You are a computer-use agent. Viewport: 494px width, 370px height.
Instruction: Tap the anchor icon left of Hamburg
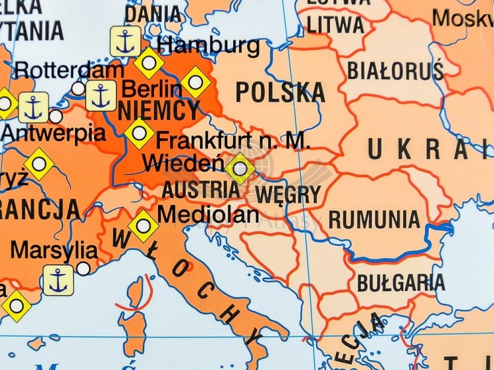124,41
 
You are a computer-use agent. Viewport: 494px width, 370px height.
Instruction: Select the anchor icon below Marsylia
59,280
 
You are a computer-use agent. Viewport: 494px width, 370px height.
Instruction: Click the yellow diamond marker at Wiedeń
240,169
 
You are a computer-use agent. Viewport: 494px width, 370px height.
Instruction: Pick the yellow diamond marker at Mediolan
143,226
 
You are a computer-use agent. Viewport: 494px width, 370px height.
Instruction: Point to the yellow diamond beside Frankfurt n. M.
139,133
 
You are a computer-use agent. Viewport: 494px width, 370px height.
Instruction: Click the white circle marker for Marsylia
84,268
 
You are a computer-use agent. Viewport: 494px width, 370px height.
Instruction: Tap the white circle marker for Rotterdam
78,88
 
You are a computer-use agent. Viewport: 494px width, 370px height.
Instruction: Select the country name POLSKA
280,93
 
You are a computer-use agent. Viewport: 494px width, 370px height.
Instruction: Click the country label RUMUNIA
374,219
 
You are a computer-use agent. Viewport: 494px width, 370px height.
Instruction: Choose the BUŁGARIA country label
400,283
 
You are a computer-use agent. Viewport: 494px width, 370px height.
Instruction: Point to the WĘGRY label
287,195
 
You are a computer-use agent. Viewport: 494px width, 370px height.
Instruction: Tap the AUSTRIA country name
201,190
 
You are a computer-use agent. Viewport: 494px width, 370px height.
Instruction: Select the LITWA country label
335,25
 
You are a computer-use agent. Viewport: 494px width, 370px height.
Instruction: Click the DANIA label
153,13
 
